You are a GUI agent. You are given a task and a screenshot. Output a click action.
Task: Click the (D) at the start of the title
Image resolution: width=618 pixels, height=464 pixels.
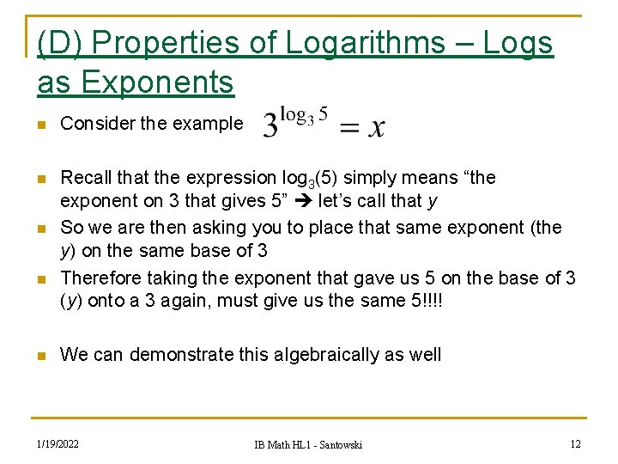[60, 43]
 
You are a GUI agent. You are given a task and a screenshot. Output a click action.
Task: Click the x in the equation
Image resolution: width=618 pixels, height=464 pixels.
[375, 127]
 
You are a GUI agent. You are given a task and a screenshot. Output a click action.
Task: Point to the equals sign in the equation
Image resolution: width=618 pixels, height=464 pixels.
[350, 127]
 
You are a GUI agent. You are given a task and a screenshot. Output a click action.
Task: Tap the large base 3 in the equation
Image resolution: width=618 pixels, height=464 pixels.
[271, 126]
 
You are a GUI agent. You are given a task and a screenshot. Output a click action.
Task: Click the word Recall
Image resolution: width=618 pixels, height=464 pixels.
[86, 178]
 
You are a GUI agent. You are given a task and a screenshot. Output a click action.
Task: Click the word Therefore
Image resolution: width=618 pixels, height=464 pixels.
[102, 278]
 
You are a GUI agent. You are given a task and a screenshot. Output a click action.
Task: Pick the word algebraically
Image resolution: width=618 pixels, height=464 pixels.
[330, 354]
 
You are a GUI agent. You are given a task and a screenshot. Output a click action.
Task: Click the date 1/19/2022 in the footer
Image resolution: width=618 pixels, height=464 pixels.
[58, 443]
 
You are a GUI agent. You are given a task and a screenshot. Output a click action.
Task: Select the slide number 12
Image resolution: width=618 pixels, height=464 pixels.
[575, 443]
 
